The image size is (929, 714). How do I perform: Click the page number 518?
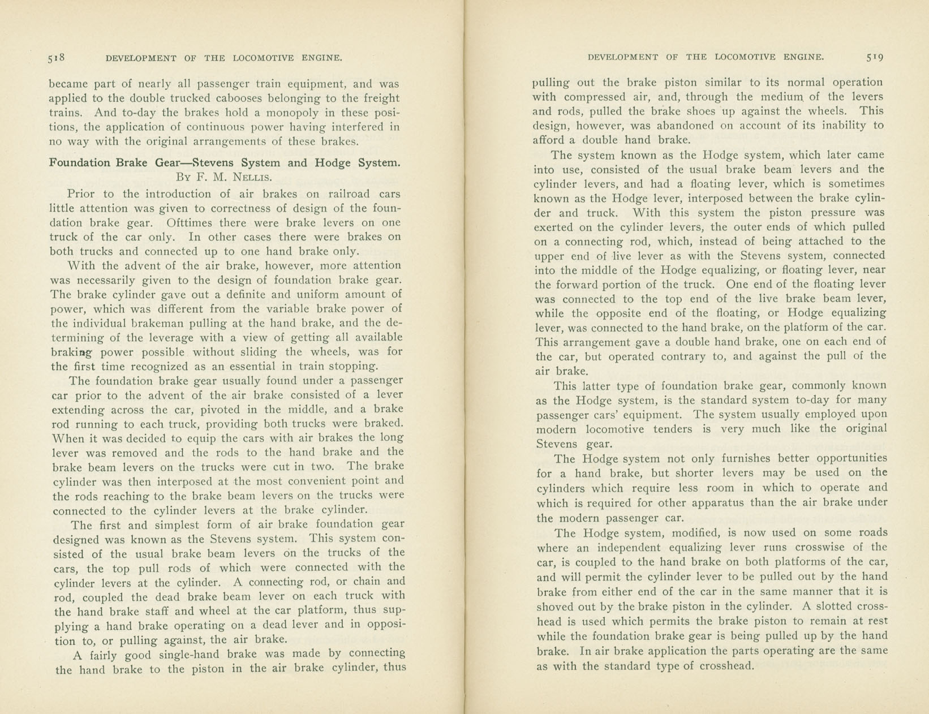tap(57, 58)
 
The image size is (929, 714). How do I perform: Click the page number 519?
tap(875, 57)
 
